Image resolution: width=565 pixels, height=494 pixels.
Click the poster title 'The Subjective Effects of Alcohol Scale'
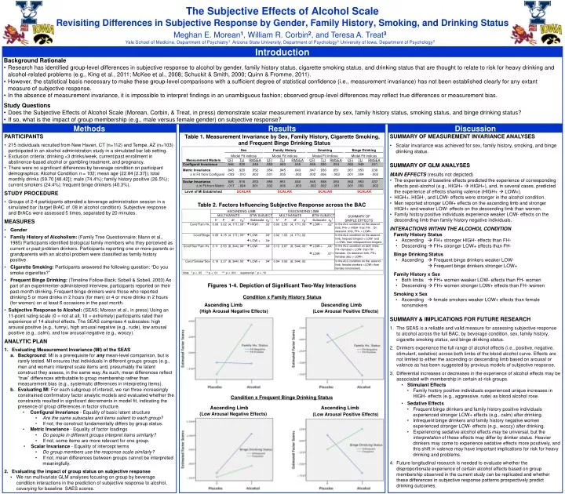[x=282, y=10]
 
